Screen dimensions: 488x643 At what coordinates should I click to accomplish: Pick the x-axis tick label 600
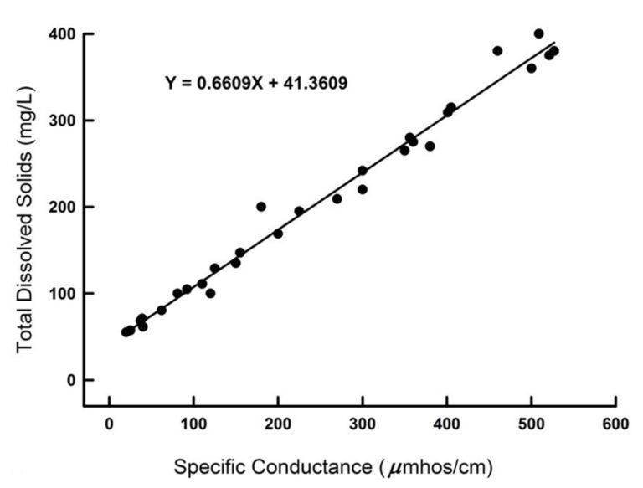[615, 425]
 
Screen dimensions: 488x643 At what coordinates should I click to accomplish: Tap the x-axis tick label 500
[531, 425]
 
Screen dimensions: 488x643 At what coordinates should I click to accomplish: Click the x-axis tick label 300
[362, 425]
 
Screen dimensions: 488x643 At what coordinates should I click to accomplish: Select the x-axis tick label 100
[193, 425]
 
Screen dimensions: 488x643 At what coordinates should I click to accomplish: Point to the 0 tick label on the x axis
[109, 425]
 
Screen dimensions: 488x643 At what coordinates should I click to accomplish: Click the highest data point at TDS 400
[538, 34]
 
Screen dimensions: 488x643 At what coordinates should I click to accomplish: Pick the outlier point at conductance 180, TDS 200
[261, 207]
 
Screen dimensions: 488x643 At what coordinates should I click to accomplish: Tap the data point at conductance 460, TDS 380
[497, 51]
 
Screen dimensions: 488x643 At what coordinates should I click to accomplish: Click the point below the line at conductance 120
[210, 293]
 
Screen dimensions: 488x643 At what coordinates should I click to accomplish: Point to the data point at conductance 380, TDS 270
[430, 146]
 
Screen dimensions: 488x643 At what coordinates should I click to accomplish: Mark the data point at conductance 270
[337, 199]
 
